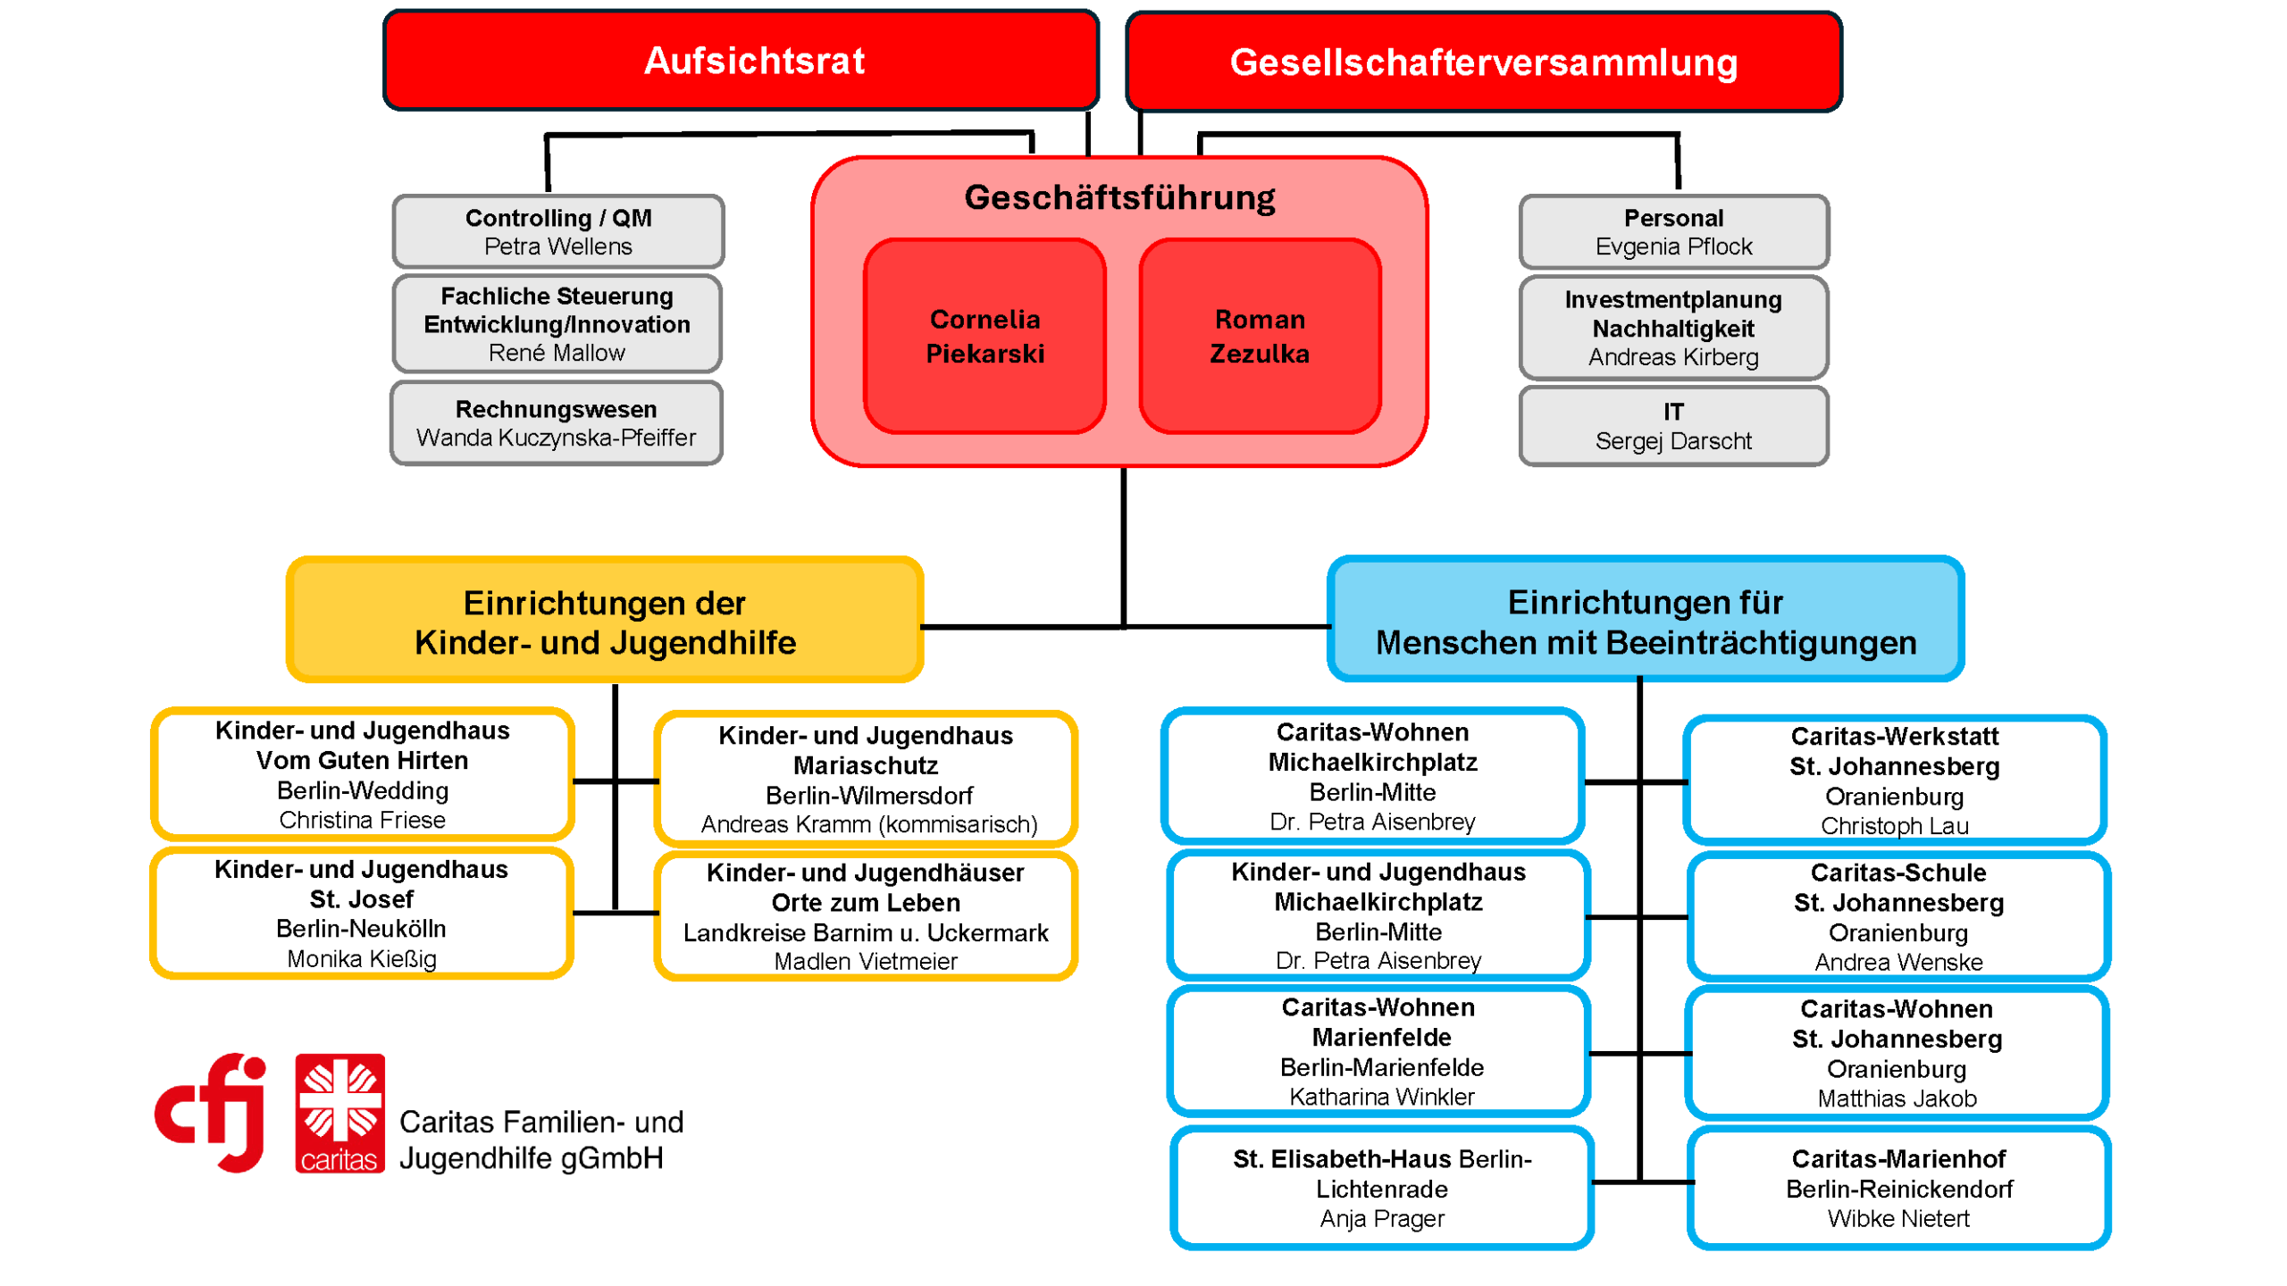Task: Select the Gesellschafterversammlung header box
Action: (1483, 63)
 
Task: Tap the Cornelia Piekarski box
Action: (984, 336)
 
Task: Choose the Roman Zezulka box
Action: (1260, 336)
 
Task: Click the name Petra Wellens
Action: (557, 246)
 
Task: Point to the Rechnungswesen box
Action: (556, 422)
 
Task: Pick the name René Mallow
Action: (557, 353)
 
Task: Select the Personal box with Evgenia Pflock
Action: (1673, 231)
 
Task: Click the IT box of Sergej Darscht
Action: (1673, 426)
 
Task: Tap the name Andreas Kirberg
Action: (1673, 357)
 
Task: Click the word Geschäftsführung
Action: (1119, 197)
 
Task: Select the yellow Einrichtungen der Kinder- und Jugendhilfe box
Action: (605, 622)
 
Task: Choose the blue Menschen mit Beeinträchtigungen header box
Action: (1645, 622)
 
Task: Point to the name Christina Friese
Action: (362, 820)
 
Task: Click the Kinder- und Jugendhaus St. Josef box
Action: (361, 913)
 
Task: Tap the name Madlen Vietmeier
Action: (865, 962)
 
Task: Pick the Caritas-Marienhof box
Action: (1897, 1188)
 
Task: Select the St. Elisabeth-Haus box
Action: (1381, 1188)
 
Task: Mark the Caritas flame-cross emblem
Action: (339, 1103)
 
